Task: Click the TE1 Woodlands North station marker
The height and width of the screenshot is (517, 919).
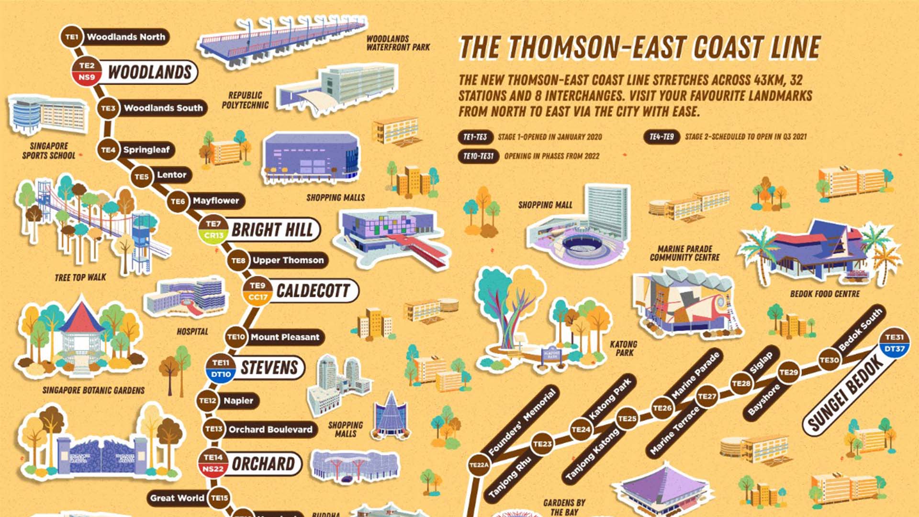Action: (72, 37)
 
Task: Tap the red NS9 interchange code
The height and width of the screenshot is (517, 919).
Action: (87, 77)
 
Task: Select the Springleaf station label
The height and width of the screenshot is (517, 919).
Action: (146, 150)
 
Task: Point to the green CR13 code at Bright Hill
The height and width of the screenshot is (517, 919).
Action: (213, 235)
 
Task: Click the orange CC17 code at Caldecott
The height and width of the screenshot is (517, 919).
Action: (258, 297)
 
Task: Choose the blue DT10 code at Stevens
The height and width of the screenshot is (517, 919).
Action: (221, 374)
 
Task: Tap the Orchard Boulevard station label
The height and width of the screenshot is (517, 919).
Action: (270, 429)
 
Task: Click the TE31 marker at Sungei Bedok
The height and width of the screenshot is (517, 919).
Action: (894, 337)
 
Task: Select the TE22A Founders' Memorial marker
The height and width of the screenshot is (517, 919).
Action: (479, 465)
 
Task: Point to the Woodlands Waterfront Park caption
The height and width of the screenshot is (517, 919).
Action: (398, 43)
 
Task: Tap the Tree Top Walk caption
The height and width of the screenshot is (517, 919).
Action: (80, 278)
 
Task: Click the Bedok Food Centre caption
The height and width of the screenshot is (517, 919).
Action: (825, 294)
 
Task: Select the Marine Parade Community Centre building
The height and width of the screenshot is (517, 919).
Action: (684, 302)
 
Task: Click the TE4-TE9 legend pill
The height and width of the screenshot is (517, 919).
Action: (661, 137)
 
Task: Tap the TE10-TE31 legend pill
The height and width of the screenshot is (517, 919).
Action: (478, 156)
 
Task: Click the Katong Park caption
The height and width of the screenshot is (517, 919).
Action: (623, 348)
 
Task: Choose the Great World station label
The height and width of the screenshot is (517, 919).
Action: (177, 498)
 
